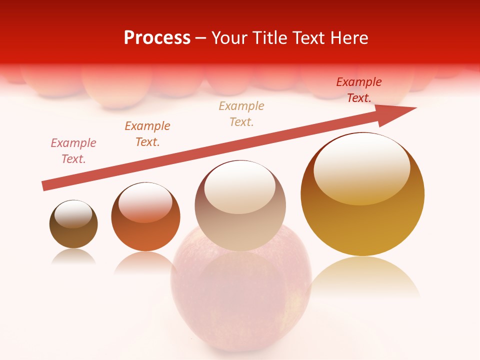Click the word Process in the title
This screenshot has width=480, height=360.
(x=157, y=38)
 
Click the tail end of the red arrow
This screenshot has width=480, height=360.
(x=45, y=185)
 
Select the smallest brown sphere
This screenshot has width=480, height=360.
(x=73, y=224)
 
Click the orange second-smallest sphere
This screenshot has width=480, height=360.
(x=145, y=216)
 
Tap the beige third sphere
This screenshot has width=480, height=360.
(x=240, y=205)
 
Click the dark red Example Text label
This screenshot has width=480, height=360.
(x=359, y=90)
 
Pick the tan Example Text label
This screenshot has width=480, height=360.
(x=241, y=113)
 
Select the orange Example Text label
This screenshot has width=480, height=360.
(x=147, y=133)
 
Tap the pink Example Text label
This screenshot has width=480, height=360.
(x=73, y=150)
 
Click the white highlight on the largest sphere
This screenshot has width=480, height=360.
(x=361, y=167)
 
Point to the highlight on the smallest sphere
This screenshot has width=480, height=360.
(x=73, y=214)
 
